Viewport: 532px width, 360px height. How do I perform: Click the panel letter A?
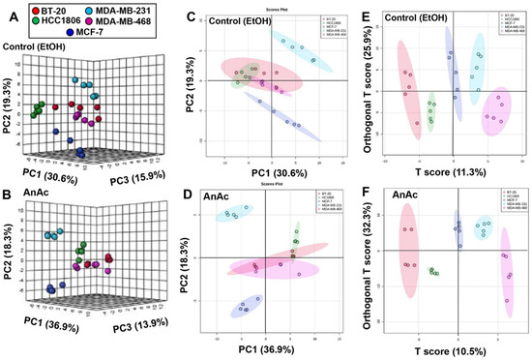tap(9, 10)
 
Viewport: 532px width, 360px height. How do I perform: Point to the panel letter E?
tap(369, 10)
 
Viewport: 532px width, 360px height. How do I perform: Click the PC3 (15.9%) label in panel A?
tap(145, 173)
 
